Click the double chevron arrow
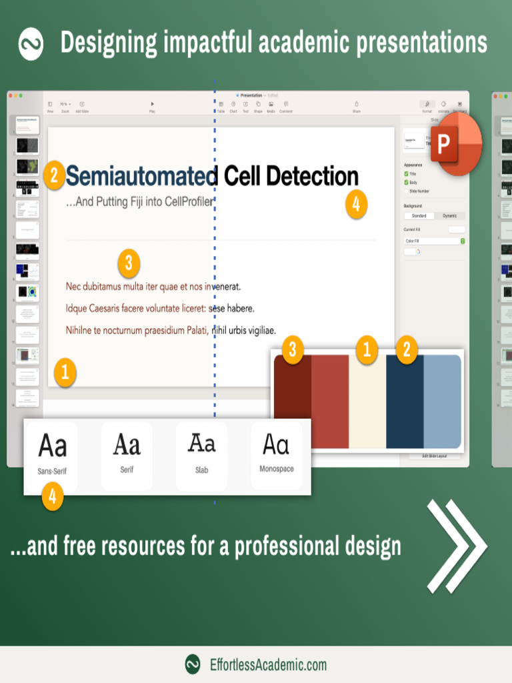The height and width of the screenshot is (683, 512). (x=457, y=546)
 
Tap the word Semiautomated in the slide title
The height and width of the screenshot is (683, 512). (x=141, y=177)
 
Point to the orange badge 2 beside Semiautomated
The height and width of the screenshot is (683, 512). (x=55, y=176)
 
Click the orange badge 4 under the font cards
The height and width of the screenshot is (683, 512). (x=52, y=497)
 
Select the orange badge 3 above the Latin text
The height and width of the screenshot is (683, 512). (x=128, y=264)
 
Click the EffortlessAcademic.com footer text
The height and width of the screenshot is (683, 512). (x=268, y=664)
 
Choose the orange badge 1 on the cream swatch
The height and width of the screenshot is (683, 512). (x=366, y=350)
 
